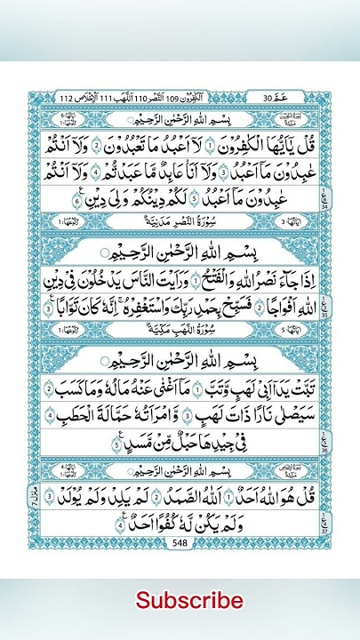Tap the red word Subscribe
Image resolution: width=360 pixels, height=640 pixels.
coord(189,601)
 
